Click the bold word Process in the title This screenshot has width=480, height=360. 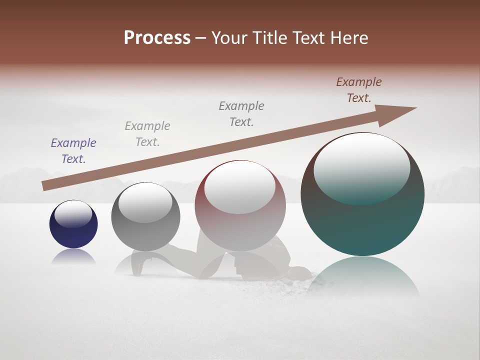pyautogui.click(x=157, y=38)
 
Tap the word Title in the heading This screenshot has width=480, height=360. pyautogui.click(x=268, y=38)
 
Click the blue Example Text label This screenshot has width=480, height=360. pyautogui.click(x=73, y=151)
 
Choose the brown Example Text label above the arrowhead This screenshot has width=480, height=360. pyautogui.click(x=359, y=90)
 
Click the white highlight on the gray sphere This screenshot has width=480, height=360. pyautogui.click(x=145, y=202)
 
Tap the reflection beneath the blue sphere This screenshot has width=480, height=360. pyautogui.click(x=73, y=257)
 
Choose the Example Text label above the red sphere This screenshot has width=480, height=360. pyautogui.click(x=241, y=114)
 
